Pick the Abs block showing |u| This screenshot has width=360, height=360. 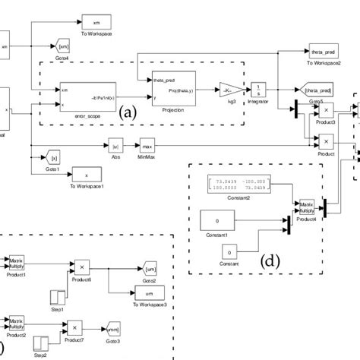pos(116,143)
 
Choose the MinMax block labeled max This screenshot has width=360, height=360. pos(147,143)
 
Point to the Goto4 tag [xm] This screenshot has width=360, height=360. pos(64,47)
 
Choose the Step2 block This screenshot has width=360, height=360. pos(41,345)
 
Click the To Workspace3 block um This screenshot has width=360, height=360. pos(150,293)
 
